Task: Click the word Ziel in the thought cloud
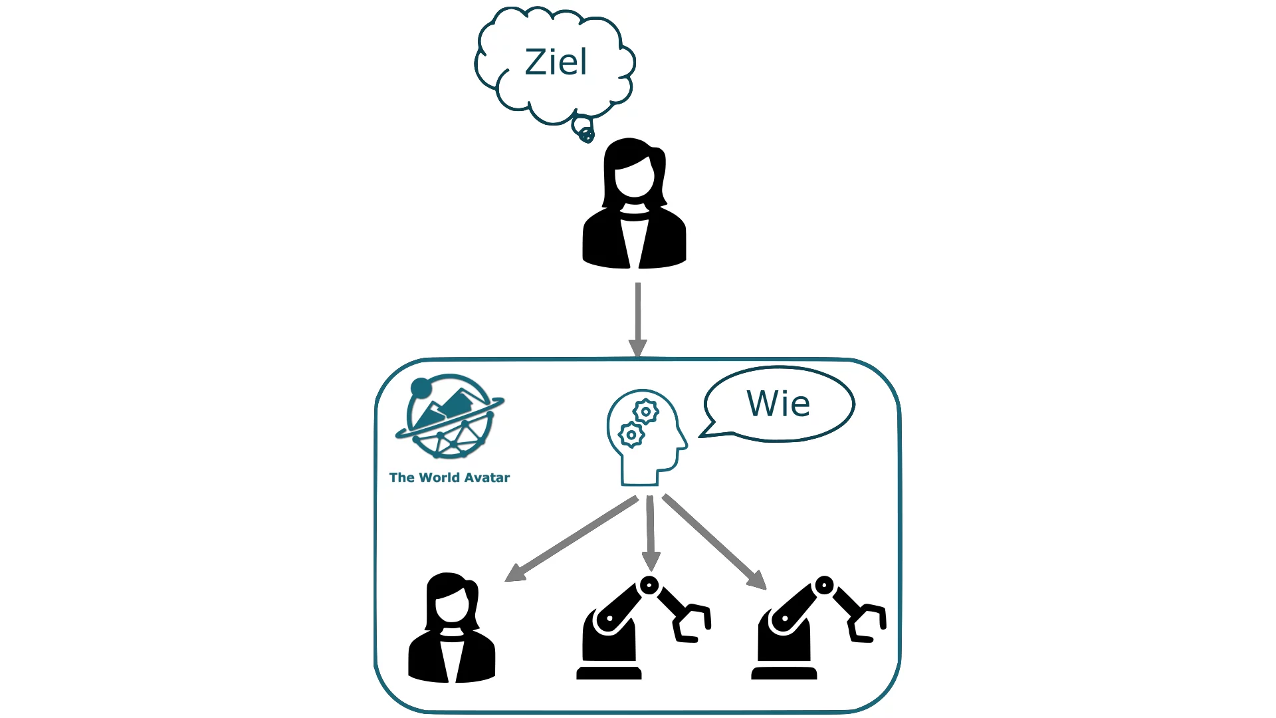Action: click(556, 62)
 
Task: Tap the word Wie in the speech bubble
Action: click(778, 404)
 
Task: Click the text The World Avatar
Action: click(449, 477)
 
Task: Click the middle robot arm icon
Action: click(638, 628)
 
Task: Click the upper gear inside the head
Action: click(645, 412)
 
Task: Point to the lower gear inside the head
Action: click(631, 435)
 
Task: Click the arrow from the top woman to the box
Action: click(638, 319)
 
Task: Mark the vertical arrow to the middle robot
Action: click(651, 532)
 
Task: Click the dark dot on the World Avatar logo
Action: click(421, 387)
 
